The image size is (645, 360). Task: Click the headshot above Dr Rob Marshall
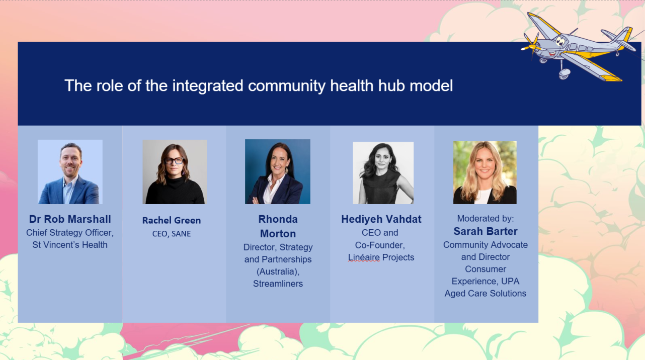pos(70,172)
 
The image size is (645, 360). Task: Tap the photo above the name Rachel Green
pos(175,172)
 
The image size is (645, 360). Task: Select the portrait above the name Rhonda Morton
pos(278,171)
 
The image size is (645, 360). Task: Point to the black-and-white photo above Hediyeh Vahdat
pos(383,172)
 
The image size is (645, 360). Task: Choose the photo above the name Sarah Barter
pos(485,172)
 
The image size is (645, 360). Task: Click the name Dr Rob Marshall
pos(70,219)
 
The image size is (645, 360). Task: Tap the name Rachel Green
pos(172,220)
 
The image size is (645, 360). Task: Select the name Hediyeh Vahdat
pos(381,219)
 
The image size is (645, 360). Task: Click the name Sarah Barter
pos(486,231)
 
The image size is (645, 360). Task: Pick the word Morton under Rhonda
pos(278,234)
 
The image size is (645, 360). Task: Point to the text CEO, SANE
pos(172,234)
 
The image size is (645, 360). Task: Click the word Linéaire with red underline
pos(364,257)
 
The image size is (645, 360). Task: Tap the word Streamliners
pos(278,284)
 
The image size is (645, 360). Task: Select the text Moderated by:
pos(486,218)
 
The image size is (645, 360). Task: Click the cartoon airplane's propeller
pos(532,45)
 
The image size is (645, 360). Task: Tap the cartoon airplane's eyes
pos(560,41)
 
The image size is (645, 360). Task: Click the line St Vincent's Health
pos(70,244)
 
